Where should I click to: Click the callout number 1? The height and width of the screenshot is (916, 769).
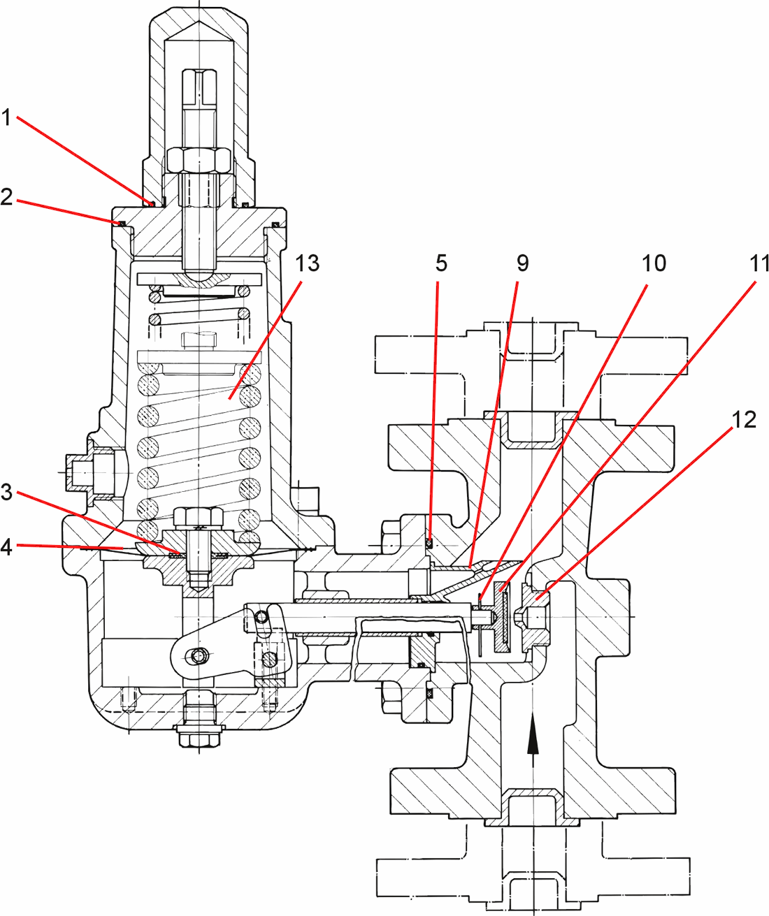coord(6,117)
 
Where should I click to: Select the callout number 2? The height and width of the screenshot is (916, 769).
coord(6,198)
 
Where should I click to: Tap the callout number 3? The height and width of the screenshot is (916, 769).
coord(6,492)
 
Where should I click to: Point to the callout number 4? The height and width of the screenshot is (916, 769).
coord(6,546)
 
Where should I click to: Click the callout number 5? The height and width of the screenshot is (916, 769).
coord(440,263)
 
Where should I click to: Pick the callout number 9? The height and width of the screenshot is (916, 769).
coord(522,263)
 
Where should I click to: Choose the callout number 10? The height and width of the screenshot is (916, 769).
coord(654,263)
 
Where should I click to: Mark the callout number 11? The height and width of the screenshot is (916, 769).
coord(758,263)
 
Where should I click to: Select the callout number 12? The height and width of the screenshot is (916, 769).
coord(743,419)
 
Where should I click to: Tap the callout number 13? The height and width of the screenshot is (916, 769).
coord(307,263)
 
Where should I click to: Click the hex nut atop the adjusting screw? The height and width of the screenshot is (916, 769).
coord(199,161)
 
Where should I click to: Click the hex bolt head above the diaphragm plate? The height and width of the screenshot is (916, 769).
coord(198,518)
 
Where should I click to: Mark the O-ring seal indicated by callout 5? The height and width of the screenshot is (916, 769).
coord(430,541)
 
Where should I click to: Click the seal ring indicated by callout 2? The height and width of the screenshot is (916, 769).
coord(120,223)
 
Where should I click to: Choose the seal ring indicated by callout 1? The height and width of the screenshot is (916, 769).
coord(152,203)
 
